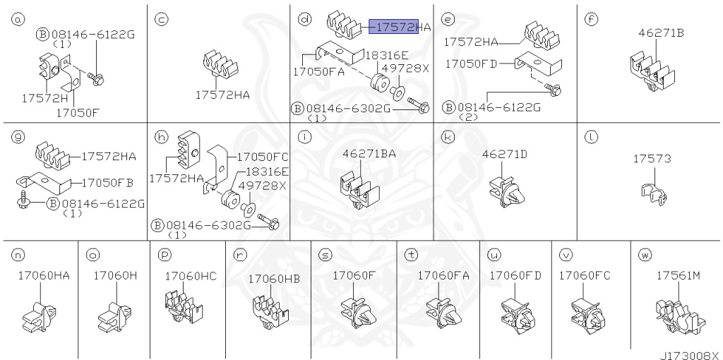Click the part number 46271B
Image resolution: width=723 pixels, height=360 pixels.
point(661,32)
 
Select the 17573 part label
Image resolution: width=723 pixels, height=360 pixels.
point(652,159)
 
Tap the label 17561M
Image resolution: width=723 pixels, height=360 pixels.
point(679,275)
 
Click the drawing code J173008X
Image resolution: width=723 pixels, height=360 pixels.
point(691,355)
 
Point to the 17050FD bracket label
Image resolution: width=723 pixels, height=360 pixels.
point(471,64)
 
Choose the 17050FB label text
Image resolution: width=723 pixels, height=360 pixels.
point(107,183)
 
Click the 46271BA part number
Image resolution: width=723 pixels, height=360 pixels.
point(369,154)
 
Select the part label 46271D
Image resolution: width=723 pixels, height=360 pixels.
point(504,154)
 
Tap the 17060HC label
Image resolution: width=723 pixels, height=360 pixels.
point(191,276)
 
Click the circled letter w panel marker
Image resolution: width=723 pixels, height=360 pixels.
point(644,255)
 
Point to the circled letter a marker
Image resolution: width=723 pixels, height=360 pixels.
point(18,20)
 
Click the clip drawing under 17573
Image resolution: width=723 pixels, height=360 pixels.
point(655,193)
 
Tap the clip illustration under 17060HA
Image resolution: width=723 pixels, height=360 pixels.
point(40,317)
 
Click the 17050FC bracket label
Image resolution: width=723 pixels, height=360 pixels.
point(263,157)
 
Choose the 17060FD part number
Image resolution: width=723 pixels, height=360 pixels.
point(515,275)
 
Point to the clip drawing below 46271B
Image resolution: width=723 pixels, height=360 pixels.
point(652,73)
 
